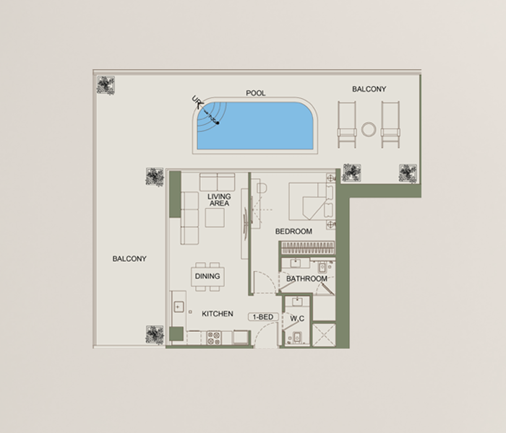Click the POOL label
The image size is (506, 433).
(256, 93)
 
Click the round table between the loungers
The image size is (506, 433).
(369, 129)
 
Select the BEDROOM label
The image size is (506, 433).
(293, 232)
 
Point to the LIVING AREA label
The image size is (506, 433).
(219, 200)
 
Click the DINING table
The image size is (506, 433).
(207, 276)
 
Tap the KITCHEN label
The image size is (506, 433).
(217, 314)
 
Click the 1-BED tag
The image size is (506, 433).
(263, 317)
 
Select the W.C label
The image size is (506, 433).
(297, 319)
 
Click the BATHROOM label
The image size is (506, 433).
(306, 279)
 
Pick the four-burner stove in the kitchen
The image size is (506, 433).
(214, 338)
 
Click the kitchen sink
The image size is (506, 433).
(178, 307)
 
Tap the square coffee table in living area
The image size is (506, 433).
(215, 217)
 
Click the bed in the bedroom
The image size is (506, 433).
(312, 201)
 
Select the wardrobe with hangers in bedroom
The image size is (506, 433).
(308, 248)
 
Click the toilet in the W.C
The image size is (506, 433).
(297, 337)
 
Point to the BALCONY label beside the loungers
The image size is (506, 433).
(369, 89)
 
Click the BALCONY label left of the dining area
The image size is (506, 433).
(129, 258)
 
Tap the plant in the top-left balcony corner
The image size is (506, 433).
(106, 85)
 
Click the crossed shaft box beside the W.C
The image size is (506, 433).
(324, 336)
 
